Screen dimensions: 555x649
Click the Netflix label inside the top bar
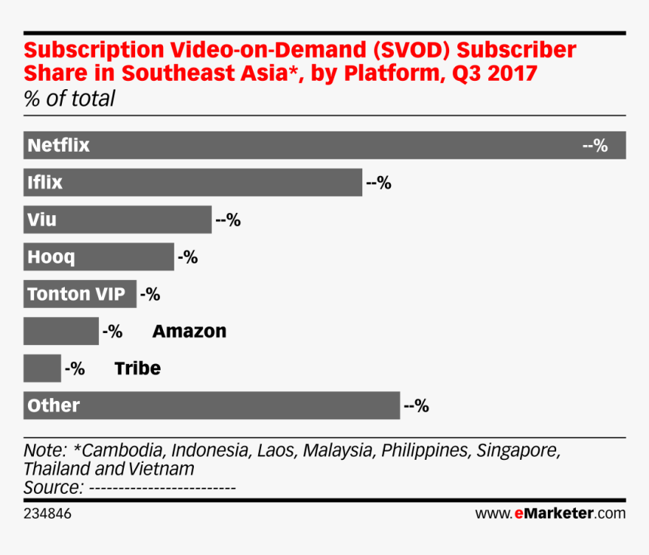pyautogui.click(x=58, y=145)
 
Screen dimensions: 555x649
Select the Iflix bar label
pyautogui.click(x=45, y=182)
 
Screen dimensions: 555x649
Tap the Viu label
pyautogui.click(x=42, y=220)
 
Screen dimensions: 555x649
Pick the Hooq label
pyautogui.click(x=51, y=257)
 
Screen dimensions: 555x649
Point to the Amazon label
pyautogui.click(x=189, y=331)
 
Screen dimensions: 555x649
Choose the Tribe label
pyautogui.click(x=137, y=368)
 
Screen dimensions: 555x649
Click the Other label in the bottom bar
pyautogui.click(x=53, y=405)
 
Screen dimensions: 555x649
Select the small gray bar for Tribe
pyautogui.click(x=42, y=368)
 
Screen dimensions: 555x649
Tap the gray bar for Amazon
pyautogui.click(x=61, y=331)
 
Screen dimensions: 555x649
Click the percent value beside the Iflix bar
pyautogui.click(x=378, y=182)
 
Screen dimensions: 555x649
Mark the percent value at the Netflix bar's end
pyautogui.click(x=595, y=145)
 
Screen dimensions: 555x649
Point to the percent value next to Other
pyautogui.click(x=416, y=405)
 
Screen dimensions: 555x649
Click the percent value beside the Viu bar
pyautogui.click(x=227, y=220)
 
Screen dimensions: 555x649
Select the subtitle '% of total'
pyautogui.click(x=69, y=98)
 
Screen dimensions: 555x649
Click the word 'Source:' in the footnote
pyautogui.click(x=53, y=487)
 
